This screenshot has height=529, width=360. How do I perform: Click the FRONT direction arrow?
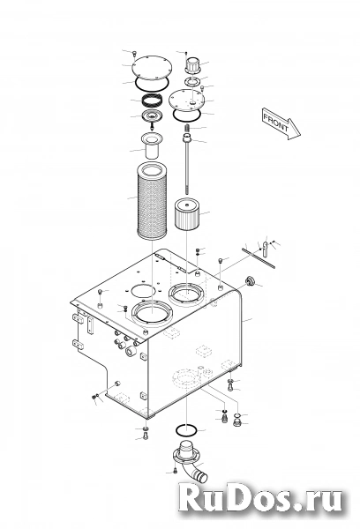pyautogui.click(x=281, y=123)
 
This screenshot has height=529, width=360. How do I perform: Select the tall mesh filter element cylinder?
pyautogui.click(x=151, y=201)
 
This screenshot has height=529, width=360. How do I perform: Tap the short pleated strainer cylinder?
pyautogui.click(x=187, y=214)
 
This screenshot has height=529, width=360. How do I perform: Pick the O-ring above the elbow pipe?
pyautogui.click(x=186, y=430)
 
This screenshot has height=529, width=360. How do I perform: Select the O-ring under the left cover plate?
pyautogui.click(x=151, y=84)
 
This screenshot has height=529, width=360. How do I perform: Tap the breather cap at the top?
pyautogui.click(x=193, y=64)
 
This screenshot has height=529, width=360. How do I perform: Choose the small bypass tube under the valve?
pyautogui.click(x=152, y=145)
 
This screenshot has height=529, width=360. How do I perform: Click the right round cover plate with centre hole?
pyautogui.click(x=186, y=99)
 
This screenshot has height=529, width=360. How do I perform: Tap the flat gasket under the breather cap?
pyautogui.click(x=192, y=81)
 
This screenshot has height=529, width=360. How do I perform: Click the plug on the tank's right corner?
pyautogui.click(x=251, y=280)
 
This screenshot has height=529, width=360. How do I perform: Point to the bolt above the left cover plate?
pyautogui.click(x=135, y=53)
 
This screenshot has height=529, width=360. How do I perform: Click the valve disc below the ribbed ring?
pyautogui.click(x=152, y=115)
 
